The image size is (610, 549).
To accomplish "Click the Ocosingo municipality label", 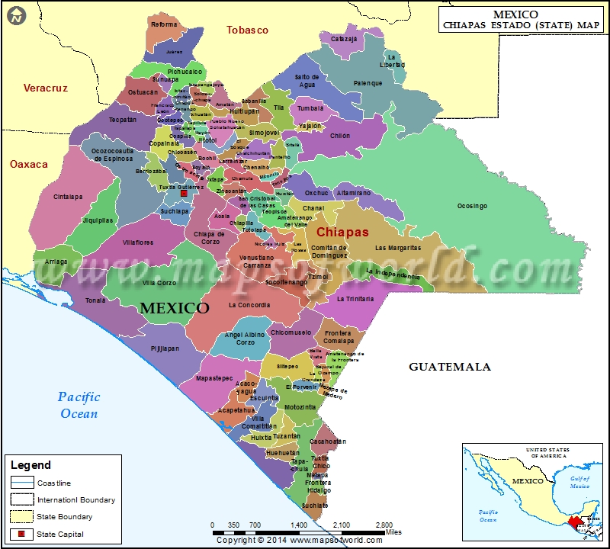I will click(x=472, y=206).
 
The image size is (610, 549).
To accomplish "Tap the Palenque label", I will click(x=368, y=83).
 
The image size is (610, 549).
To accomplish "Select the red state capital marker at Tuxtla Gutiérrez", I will click(x=183, y=194).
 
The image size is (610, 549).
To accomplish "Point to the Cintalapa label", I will click(x=68, y=196).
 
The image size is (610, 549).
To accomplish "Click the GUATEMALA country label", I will click(x=450, y=367).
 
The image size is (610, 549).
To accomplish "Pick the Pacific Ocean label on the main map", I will click(x=79, y=405).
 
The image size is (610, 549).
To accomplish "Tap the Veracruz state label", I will click(x=46, y=88).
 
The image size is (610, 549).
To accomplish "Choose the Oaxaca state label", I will click(x=28, y=164).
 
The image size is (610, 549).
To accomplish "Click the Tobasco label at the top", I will click(x=248, y=30).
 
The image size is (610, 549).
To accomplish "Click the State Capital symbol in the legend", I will click(x=22, y=534).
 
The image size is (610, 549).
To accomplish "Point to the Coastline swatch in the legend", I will click(x=22, y=483).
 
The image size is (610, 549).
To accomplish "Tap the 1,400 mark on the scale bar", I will click(x=299, y=525).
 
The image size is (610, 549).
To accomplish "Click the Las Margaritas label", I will click(x=397, y=248).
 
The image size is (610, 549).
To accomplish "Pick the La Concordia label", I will click(x=249, y=305).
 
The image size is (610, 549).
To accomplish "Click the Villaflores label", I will click(x=138, y=242).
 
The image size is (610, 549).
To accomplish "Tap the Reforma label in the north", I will click(x=164, y=24).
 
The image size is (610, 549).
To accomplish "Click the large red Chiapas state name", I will click(x=342, y=232).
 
